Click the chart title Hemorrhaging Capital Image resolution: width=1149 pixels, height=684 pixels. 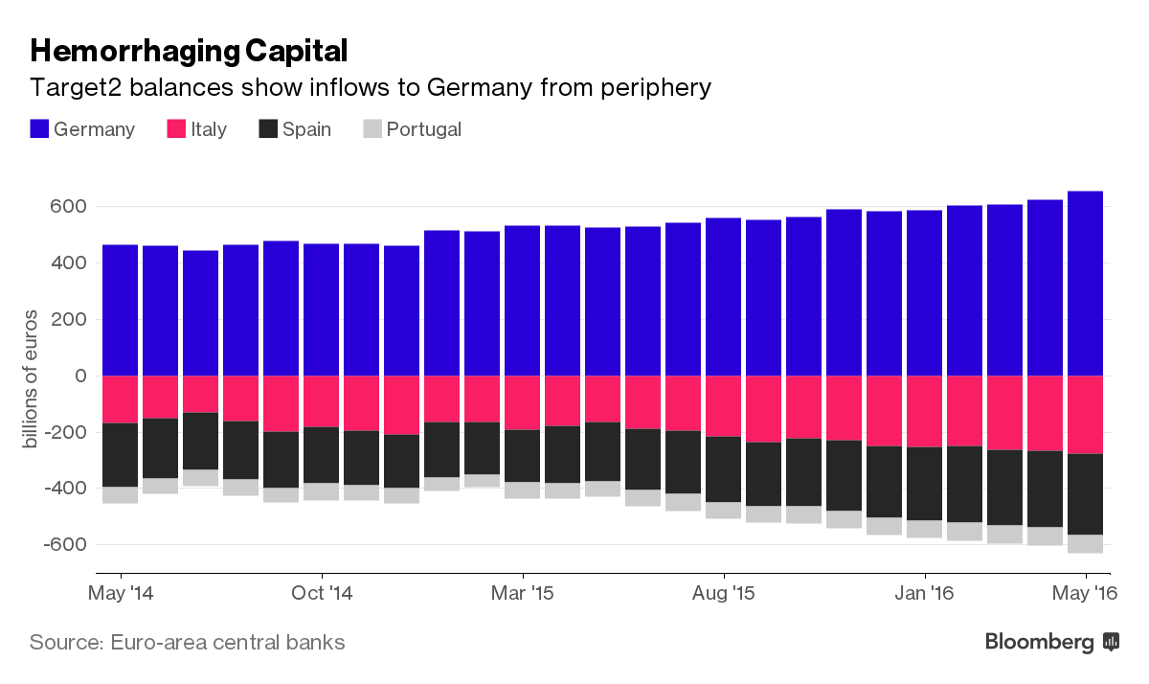coord(189,50)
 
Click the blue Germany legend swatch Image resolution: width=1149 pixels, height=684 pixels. coord(39,129)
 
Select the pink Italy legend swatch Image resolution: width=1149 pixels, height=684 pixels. coord(176,129)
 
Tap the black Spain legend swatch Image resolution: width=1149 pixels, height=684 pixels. coord(268,129)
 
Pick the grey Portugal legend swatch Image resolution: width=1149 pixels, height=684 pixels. coord(372,129)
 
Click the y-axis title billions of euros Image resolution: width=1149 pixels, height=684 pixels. coord(31,378)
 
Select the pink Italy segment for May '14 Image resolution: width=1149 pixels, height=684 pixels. coord(121,399)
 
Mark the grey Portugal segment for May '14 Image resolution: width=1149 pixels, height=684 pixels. coord(121,494)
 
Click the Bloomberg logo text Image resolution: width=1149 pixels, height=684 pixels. coord(1040,643)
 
